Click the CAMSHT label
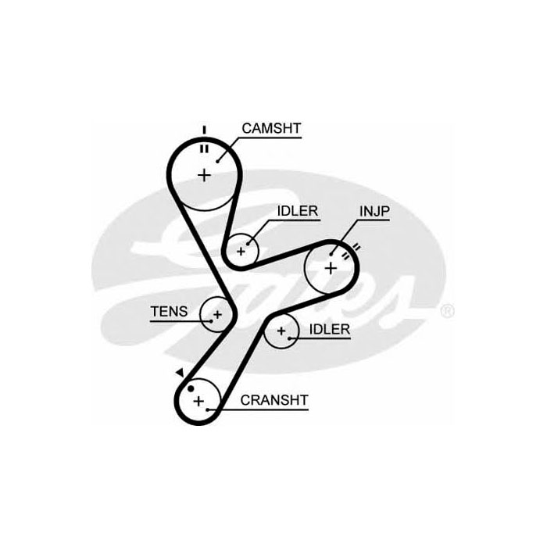pyautogui.click(x=271, y=128)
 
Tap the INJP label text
pyautogui.click(x=374, y=212)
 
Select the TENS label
pyautogui.click(x=169, y=311)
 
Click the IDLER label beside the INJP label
pyautogui.click(x=296, y=212)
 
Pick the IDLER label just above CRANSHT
pyautogui.click(x=329, y=329)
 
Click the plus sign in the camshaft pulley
pyautogui.click(x=205, y=174)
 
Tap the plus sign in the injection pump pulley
pyautogui.click(x=331, y=268)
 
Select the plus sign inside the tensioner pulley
pyautogui.click(x=217, y=314)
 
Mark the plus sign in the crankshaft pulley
pyautogui.click(x=198, y=402)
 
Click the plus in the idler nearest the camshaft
pyautogui.click(x=241, y=252)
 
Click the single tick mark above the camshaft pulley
pyautogui.click(x=204, y=129)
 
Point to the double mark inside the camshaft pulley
pyautogui.click(x=204, y=148)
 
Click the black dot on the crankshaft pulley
pyautogui.click(x=188, y=386)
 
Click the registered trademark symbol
pyautogui.click(x=447, y=311)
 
